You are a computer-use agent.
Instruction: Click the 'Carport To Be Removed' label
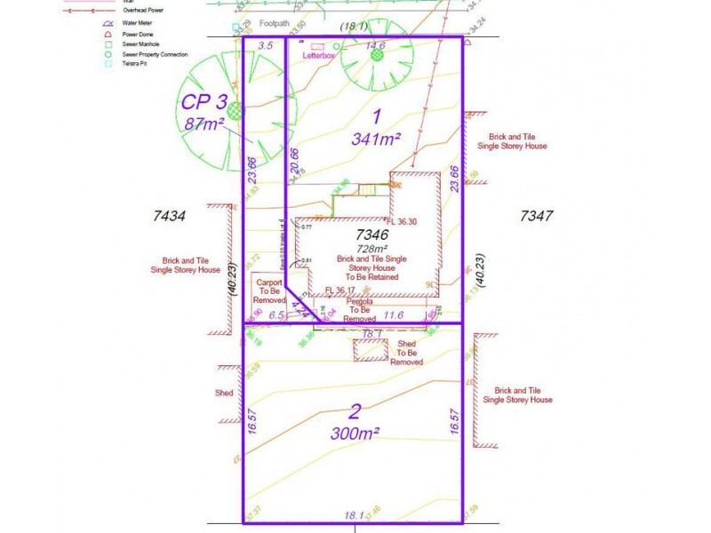(268, 291)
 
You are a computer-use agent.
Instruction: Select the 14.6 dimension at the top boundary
(376, 46)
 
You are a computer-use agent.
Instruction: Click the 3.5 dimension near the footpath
(265, 45)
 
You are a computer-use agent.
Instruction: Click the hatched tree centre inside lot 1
(377, 55)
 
